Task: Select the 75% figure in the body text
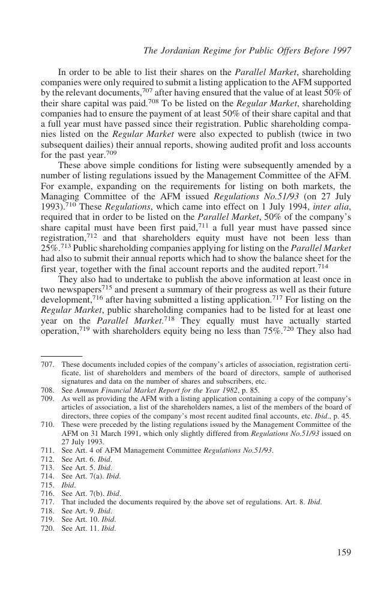click(270, 331)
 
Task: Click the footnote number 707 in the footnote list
click(47, 364)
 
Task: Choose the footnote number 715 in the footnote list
click(47, 485)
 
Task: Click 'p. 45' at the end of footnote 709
click(342, 415)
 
